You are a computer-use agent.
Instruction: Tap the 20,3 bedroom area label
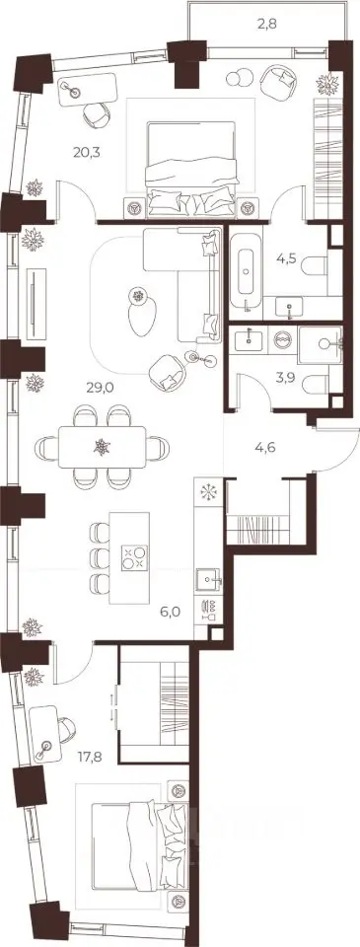pos(87,152)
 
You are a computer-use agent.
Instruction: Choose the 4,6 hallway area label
pos(265,449)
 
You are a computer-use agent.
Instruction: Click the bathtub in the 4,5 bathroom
pos(246,272)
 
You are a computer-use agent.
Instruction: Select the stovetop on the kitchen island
pos(134,557)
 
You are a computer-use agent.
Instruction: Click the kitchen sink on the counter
pos(209,579)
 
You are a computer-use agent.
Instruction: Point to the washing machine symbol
pos(281,338)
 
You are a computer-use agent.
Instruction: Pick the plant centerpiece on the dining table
pos(102,447)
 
